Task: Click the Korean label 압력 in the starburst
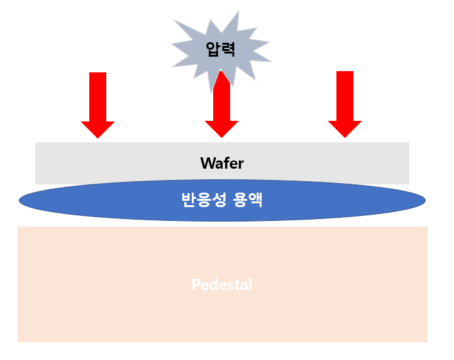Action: click(x=220, y=49)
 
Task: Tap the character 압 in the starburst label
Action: click(x=213, y=49)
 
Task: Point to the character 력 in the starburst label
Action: click(x=228, y=49)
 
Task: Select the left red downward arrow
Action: click(x=98, y=105)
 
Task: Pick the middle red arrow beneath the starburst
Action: click(x=221, y=104)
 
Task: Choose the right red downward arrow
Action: click(x=345, y=104)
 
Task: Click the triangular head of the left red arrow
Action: click(x=98, y=129)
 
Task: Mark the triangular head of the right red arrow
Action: click(x=345, y=128)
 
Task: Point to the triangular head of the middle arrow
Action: click(x=221, y=128)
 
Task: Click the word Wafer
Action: click(x=222, y=163)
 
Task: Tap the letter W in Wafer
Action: click(x=208, y=163)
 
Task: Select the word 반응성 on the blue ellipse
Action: click(x=204, y=200)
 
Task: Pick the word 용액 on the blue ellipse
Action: click(x=248, y=200)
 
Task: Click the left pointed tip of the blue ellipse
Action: click(x=19, y=200)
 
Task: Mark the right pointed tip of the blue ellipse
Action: click(x=425, y=200)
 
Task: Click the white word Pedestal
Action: click(x=222, y=284)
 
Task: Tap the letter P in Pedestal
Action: click(x=196, y=284)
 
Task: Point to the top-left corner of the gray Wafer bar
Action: click(x=35, y=142)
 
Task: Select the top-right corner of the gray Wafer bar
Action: click(x=409, y=142)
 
